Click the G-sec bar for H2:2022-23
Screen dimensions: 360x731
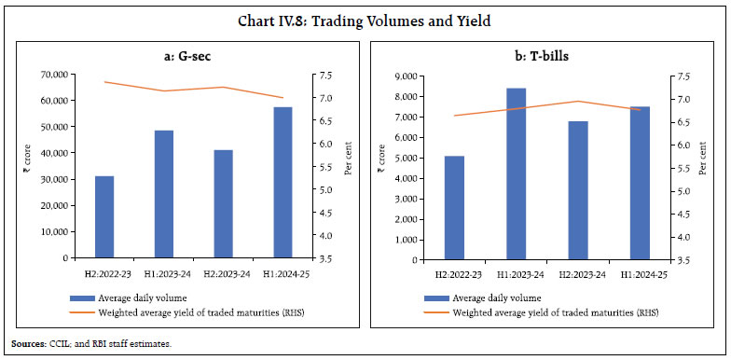(x=104, y=216)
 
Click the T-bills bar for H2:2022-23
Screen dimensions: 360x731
(x=454, y=206)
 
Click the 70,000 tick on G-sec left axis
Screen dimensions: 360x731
(x=55, y=75)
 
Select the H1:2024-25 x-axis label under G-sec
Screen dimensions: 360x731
(x=283, y=273)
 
